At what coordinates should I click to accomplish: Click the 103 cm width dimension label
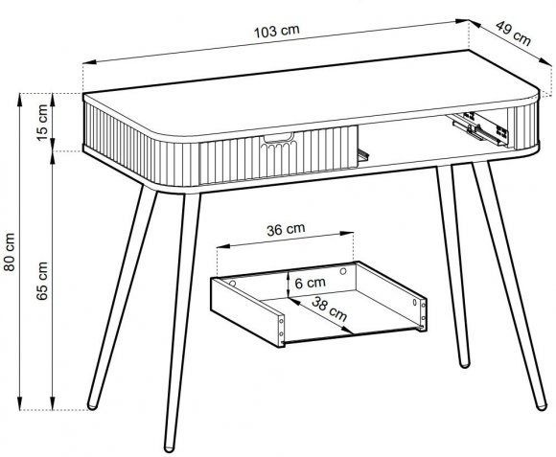(x=277, y=32)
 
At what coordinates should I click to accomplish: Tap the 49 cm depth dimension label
(x=513, y=34)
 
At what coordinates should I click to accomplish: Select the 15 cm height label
(x=42, y=123)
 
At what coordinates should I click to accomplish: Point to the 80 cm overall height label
(x=10, y=252)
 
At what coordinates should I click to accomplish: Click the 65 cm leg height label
(x=42, y=281)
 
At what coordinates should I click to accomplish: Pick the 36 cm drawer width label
(x=286, y=229)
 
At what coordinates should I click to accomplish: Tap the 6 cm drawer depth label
(x=310, y=283)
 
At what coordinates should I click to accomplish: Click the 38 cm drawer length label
(x=329, y=308)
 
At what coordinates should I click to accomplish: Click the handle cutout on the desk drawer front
(x=279, y=137)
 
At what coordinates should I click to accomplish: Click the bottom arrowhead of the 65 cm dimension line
(x=53, y=402)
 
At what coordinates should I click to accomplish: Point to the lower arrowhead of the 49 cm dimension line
(x=545, y=61)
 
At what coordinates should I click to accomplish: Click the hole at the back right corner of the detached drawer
(x=343, y=271)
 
